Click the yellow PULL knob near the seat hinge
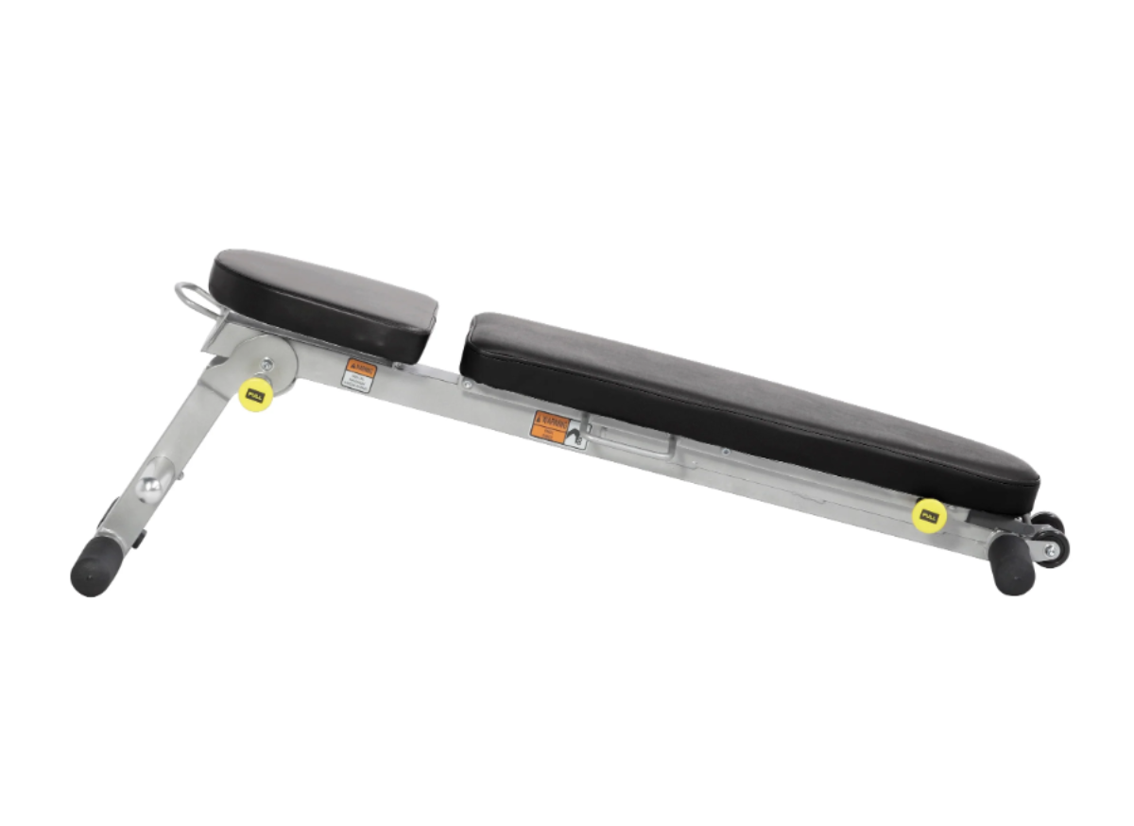click(x=255, y=394)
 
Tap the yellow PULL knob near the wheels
click(x=929, y=516)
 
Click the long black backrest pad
click(x=747, y=406)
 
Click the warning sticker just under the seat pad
click(x=359, y=374)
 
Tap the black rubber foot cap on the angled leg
click(x=94, y=566)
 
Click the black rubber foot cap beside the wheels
click(x=1012, y=565)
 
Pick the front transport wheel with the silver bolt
click(x=1051, y=548)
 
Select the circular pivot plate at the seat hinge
click(x=265, y=364)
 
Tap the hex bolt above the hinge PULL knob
click(x=266, y=362)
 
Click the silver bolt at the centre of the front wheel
click(x=1050, y=548)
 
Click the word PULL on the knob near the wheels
click(x=929, y=516)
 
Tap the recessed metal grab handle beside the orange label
click(x=633, y=440)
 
